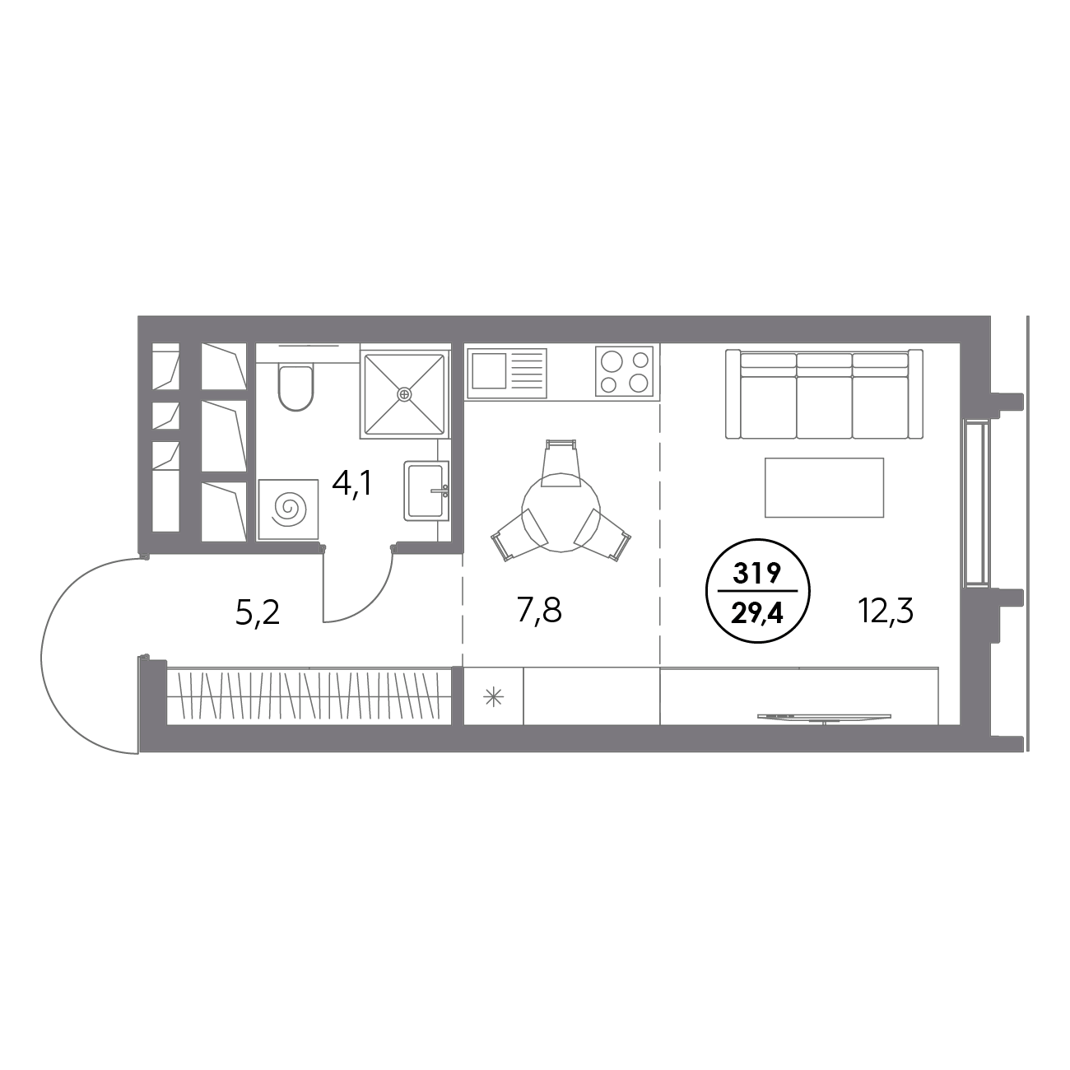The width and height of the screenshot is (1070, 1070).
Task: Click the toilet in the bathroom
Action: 296,387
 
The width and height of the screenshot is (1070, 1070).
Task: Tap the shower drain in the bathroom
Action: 403,394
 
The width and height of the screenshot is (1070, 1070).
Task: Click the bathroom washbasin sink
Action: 426,491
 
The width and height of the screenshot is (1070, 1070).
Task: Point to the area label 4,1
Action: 352,484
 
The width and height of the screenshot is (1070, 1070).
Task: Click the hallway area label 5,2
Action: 258,612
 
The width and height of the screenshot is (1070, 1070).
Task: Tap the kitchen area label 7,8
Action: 540,612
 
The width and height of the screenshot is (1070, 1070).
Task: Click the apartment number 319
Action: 758,575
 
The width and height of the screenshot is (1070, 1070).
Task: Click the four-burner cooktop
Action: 625,371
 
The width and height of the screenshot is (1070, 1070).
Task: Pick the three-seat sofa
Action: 825,393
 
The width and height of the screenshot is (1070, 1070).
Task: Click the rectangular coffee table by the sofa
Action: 824,487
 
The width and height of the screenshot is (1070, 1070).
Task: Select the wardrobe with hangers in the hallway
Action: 309,696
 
